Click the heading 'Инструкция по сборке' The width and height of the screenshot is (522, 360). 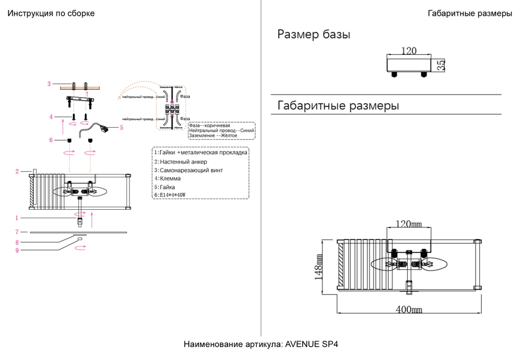(x=51, y=14)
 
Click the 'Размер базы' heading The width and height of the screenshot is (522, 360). (x=313, y=35)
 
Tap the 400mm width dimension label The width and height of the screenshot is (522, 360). (x=409, y=309)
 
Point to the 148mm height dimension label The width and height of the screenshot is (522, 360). (x=319, y=268)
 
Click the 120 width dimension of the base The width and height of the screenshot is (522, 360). (x=409, y=51)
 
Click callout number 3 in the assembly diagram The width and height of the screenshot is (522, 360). (x=49, y=83)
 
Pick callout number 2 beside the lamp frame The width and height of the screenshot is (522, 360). (x=17, y=171)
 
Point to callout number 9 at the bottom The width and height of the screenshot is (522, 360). (x=17, y=250)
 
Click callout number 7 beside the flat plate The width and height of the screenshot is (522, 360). (x=17, y=232)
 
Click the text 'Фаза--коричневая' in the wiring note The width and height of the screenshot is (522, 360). (x=209, y=126)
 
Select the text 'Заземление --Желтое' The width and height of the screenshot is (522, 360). (x=213, y=136)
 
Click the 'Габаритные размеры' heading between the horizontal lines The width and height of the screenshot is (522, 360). (x=338, y=106)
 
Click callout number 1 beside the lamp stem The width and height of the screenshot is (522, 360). (x=17, y=218)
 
